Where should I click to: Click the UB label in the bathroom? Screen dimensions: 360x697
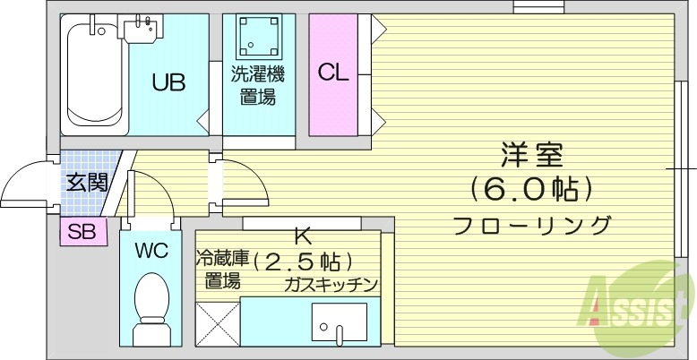168,83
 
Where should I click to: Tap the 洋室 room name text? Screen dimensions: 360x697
532,154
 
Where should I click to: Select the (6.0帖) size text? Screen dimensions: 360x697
532,189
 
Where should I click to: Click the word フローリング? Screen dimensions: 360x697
532,224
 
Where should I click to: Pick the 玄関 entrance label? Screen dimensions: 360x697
87,184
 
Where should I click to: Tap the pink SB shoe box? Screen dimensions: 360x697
83,231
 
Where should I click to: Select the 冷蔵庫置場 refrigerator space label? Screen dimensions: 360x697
220,270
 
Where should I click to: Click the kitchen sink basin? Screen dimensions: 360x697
339,322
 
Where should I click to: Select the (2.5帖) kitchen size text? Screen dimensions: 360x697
303,262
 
